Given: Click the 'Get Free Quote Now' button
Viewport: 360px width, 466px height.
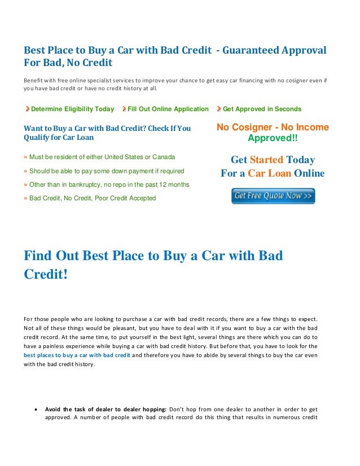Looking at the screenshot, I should (273, 196).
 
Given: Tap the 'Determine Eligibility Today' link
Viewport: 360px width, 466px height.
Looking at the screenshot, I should (72, 109).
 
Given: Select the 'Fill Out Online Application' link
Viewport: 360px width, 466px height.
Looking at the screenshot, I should (168, 109).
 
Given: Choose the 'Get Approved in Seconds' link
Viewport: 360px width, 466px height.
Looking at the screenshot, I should (262, 109).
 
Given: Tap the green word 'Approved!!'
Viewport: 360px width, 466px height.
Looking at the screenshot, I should (273, 138).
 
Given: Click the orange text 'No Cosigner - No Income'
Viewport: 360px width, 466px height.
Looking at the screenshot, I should (273, 128).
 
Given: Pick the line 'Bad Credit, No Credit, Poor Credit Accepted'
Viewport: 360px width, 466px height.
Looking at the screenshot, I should (92, 198).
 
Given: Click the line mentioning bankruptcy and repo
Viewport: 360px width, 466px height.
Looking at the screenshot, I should (109, 184).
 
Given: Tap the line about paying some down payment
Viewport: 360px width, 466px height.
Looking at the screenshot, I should (106, 170).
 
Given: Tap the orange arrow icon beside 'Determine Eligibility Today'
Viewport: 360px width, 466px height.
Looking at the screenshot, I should (27, 109).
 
